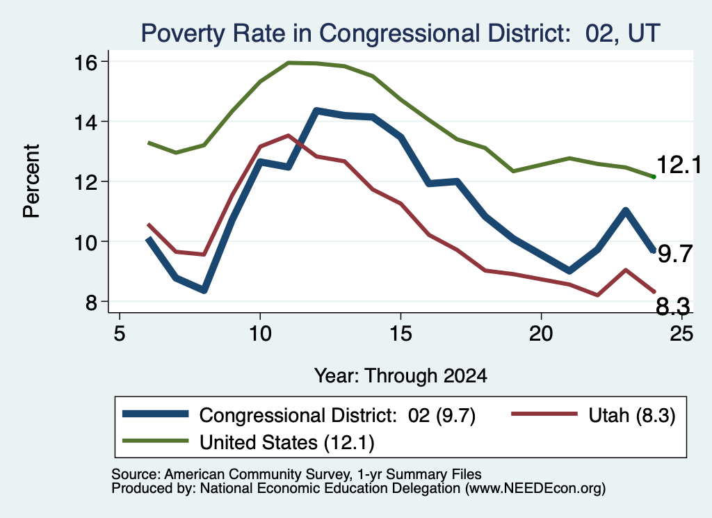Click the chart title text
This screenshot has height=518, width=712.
tap(400, 33)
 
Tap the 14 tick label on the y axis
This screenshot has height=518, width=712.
tap(86, 122)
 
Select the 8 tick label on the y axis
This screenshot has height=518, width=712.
tap(91, 302)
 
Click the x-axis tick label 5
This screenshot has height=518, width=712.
tap(119, 334)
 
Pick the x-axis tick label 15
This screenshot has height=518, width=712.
tap(400, 334)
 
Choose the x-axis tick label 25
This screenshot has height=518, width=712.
tap(681, 334)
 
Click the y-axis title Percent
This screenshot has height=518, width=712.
tap(31, 181)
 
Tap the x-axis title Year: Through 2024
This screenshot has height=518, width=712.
tap(400, 376)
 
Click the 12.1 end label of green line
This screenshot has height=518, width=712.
tap(679, 164)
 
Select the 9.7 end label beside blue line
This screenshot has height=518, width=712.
tap(675, 254)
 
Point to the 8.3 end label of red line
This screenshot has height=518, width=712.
tap(673, 307)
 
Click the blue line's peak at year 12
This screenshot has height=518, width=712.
tap(316, 111)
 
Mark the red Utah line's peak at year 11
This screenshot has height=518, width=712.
tap(288, 136)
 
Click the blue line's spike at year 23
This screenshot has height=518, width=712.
tap(626, 211)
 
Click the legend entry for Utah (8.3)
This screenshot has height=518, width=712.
tap(594, 415)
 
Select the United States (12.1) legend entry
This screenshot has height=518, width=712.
tap(248, 442)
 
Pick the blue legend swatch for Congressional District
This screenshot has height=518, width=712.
tap(155, 414)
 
